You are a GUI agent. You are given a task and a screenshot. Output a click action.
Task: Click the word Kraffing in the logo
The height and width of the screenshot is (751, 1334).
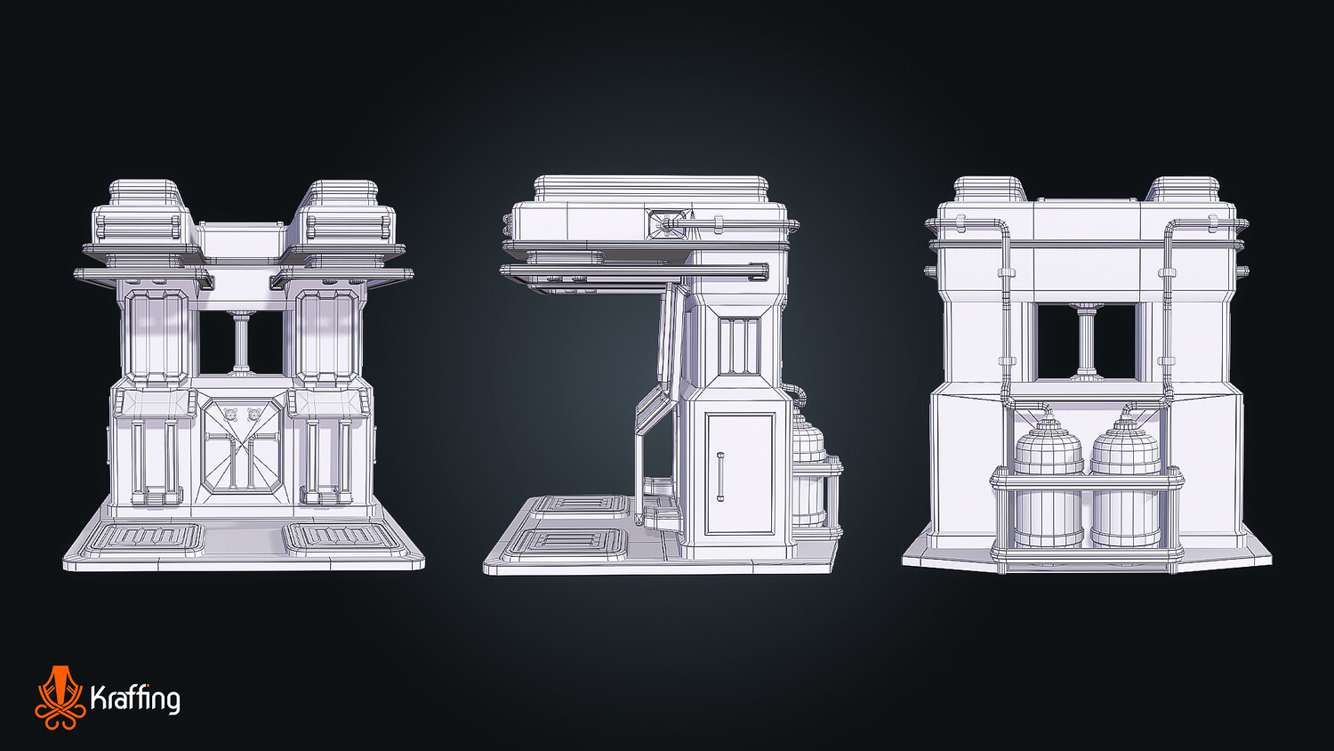[x=135, y=699]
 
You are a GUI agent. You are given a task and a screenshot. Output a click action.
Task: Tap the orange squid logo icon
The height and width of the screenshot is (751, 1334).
[x=60, y=698]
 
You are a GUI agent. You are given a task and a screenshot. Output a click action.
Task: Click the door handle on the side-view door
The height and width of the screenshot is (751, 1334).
[x=720, y=477]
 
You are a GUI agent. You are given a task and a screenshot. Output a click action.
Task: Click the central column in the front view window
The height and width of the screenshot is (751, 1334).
[x=241, y=343]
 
